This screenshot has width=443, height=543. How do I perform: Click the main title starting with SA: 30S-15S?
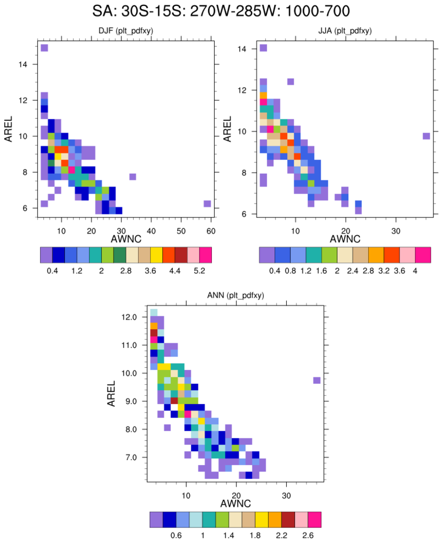point(222,11)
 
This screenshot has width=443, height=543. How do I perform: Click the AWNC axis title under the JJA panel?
point(345,239)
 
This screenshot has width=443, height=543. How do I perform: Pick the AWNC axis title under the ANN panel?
point(235,503)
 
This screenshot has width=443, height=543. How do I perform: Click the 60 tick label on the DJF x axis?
point(211,230)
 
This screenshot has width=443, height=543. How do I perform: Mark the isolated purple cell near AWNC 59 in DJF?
point(207,204)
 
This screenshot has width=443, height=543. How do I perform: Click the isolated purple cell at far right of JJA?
point(426,136)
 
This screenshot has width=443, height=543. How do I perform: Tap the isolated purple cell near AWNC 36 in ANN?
point(317,380)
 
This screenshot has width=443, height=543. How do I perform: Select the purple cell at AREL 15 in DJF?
point(44,48)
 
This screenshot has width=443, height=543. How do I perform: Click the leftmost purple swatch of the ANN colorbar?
point(156,520)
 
